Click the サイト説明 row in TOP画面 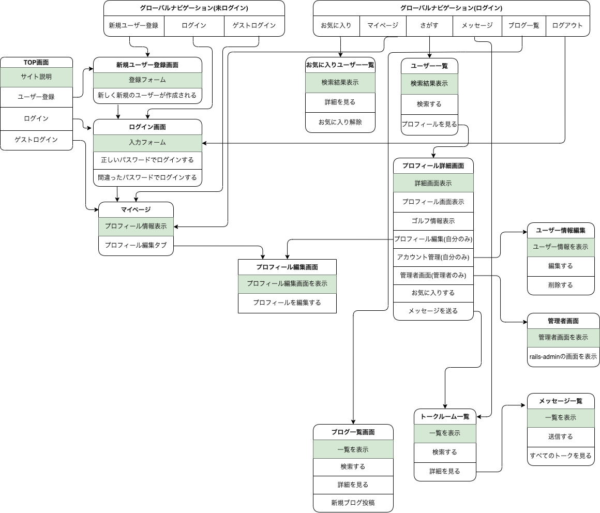click(36, 77)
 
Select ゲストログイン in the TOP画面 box click(36, 140)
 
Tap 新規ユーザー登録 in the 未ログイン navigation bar click(133, 25)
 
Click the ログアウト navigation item click(567, 25)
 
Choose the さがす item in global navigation click(429, 25)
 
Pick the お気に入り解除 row click(340, 122)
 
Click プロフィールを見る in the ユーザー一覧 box click(429, 124)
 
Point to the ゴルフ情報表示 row click(433, 221)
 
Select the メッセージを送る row click(433, 311)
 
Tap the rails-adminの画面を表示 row click(563, 356)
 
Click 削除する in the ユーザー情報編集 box click(561, 285)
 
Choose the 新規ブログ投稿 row click(353, 503)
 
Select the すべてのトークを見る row click(561, 456)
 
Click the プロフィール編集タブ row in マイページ click(136, 245)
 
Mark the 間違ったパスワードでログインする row click(147, 177)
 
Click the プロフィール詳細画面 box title click(433, 166)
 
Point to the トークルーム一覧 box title click(445, 416)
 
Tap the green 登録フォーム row click(147, 80)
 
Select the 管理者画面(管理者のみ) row click(433, 275)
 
